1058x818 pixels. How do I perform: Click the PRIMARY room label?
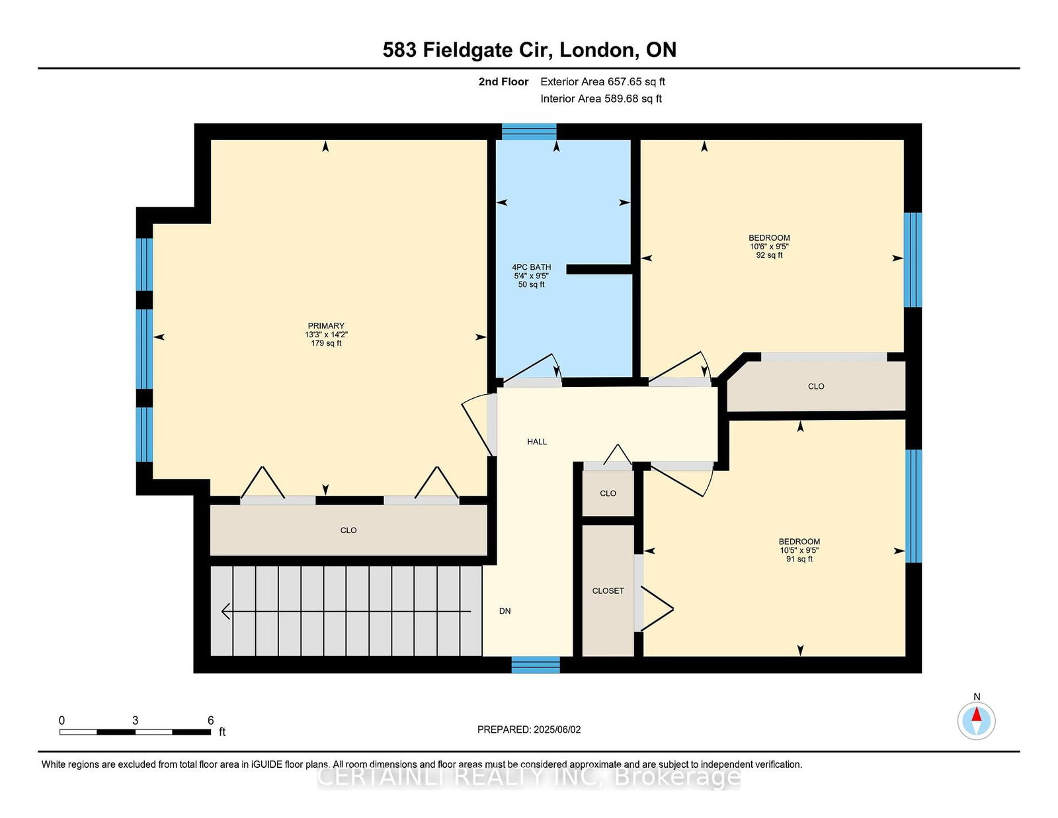326,326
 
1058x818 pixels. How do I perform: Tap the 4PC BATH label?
531,267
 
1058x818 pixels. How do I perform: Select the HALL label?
537,442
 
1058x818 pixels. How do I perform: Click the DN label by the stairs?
505,611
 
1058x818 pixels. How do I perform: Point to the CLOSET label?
608,591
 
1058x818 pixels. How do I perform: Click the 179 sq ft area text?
326,343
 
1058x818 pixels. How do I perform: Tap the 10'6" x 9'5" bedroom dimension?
769,247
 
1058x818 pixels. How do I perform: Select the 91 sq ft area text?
799,559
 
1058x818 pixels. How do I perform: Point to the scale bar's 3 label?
136,720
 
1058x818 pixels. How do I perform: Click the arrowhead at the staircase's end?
225,611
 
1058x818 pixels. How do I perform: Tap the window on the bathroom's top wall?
529,132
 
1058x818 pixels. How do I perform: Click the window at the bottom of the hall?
536,665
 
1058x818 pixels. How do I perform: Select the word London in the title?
599,50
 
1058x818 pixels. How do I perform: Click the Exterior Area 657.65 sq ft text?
603,82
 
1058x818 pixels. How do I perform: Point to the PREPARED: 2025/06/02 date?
529,729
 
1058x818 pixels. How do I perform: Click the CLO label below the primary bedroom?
348,530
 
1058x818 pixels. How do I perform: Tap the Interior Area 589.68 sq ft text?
601,99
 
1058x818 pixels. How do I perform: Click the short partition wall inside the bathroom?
599,269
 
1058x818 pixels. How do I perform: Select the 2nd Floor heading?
503,82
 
